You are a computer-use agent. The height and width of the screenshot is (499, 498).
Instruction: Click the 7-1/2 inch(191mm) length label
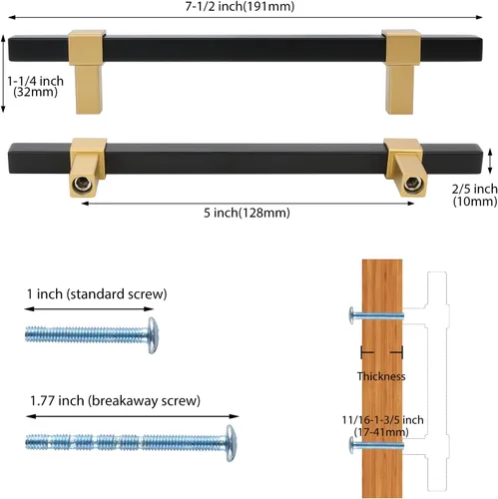[240, 6]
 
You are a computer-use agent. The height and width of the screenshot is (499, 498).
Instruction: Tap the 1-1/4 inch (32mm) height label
[35, 86]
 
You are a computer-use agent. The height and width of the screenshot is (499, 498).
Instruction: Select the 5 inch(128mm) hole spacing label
[247, 213]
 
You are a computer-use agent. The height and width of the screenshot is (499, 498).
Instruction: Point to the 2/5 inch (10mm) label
[475, 195]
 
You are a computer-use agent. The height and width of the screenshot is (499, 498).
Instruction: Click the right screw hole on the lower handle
[413, 184]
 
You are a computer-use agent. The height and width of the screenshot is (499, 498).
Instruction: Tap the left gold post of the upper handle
[88, 72]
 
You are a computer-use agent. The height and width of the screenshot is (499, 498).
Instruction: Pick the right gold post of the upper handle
[401, 72]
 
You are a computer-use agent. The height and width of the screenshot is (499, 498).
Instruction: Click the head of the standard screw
[153, 335]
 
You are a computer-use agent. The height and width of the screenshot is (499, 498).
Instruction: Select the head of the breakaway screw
[232, 443]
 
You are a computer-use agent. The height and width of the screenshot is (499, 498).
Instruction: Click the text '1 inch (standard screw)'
[97, 294]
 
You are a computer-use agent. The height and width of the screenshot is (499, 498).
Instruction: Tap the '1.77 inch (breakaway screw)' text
[115, 400]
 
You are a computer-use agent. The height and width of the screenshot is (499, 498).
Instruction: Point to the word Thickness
[381, 376]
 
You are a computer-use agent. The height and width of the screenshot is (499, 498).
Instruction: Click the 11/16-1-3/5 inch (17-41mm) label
[382, 426]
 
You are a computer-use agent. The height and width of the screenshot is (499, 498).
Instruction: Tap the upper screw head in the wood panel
[351, 315]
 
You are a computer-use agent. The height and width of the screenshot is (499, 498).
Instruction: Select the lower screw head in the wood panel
[351, 445]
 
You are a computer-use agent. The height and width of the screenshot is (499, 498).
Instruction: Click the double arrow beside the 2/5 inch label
[489, 162]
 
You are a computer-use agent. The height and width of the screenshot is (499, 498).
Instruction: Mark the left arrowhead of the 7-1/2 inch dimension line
[12, 17]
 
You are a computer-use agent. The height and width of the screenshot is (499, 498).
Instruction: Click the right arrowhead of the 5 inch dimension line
[410, 203]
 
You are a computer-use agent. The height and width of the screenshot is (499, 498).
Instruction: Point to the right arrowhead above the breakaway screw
[235, 416]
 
